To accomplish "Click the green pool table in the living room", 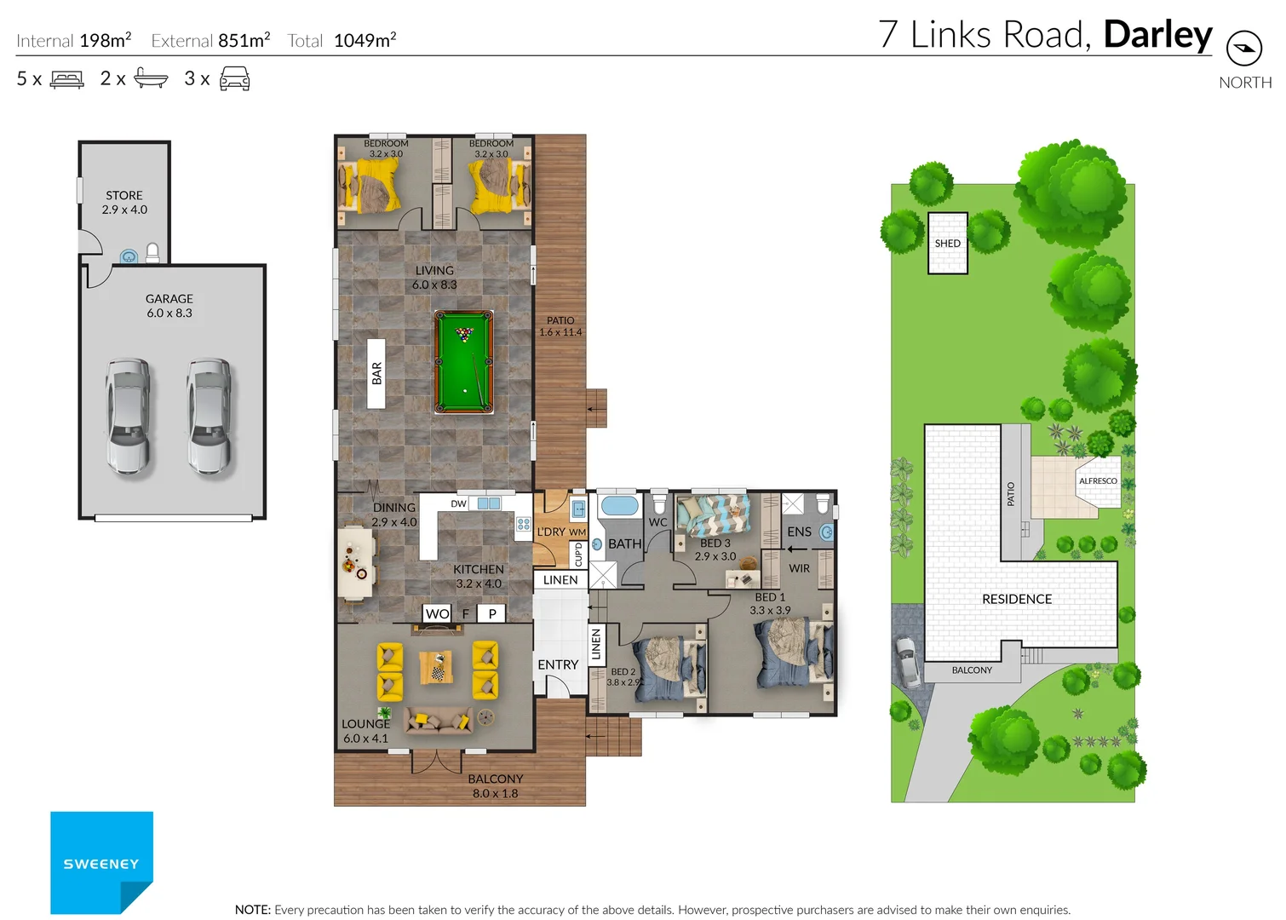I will click(x=464, y=362).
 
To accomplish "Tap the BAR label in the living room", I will click(x=376, y=373).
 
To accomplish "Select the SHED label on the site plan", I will click(x=947, y=244).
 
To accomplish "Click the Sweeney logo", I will click(x=101, y=862).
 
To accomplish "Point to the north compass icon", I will click(x=1243, y=49).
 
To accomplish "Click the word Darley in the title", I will click(x=1157, y=35).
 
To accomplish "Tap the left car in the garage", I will click(x=129, y=416).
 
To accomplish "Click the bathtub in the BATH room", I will click(x=619, y=506).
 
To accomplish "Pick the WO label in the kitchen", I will click(x=437, y=613).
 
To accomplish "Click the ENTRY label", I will click(x=558, y=664).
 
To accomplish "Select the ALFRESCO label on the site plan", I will click(x=1098, y=481).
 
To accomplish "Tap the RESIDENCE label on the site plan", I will click(x=1017, y=599).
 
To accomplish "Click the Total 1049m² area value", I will click(x=365, y=41).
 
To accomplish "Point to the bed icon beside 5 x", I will click(x=67, y=79).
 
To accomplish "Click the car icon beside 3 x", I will click(x=234, y=79).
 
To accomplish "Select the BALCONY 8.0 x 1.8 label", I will click(x=495, y=785).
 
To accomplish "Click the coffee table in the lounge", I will click(x=437, y=667).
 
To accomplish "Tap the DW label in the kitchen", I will click(x=458, y=503).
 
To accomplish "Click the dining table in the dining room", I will click(x=356, y=562).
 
